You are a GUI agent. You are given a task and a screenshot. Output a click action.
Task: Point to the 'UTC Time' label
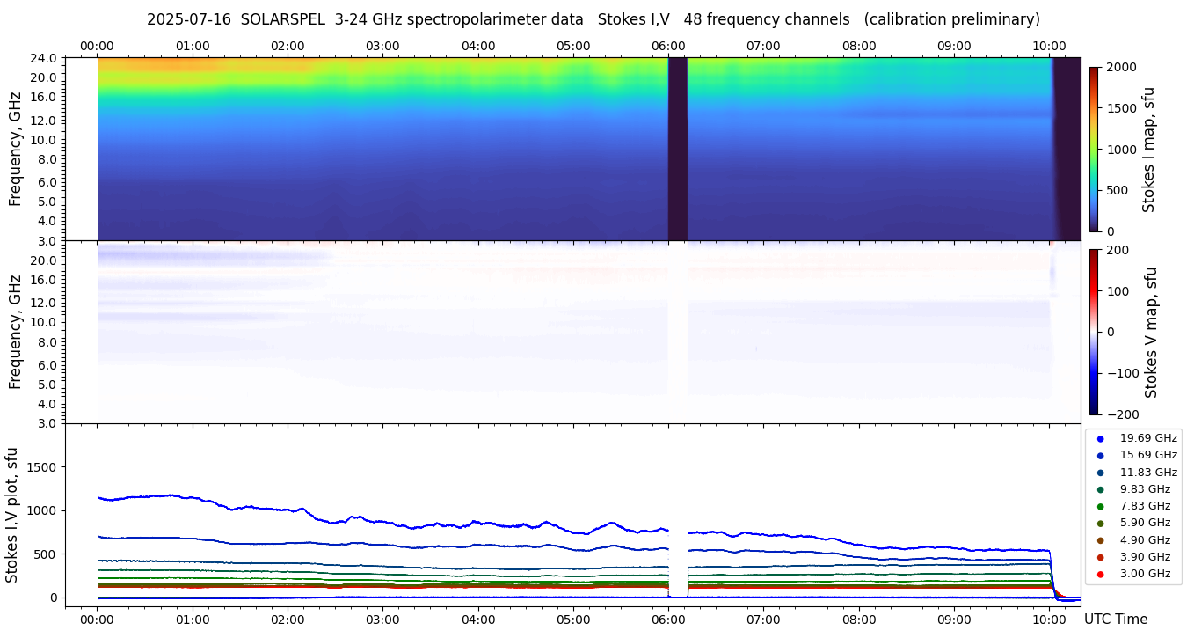tap(1116, 620)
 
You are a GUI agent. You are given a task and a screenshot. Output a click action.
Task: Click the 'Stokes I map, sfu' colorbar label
tap(1148, 150)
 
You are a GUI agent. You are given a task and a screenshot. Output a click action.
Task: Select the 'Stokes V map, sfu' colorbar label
tap(1151, 332)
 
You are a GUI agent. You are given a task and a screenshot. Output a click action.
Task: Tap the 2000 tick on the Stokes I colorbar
tap(1121, 68)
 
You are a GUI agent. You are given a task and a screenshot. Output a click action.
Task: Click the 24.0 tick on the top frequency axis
tap(46, 58)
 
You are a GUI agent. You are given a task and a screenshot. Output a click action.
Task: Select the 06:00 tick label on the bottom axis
tap(668, 620)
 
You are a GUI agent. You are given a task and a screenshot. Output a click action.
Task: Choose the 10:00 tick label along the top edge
tap(1049, 46)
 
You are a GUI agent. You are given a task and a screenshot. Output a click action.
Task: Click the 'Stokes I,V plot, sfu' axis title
tap(12, 514)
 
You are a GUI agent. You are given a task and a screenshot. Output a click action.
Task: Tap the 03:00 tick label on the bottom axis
tap(382, 620)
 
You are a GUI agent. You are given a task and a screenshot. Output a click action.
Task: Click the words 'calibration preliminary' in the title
tap(952, 19)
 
